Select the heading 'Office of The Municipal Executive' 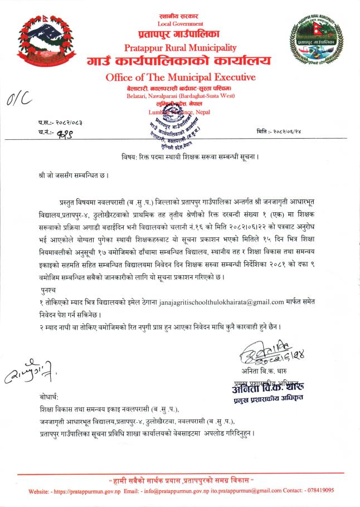[x=180, y=77]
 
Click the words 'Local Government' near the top [x=181, y=24]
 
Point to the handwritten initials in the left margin [x=23, y=374]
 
